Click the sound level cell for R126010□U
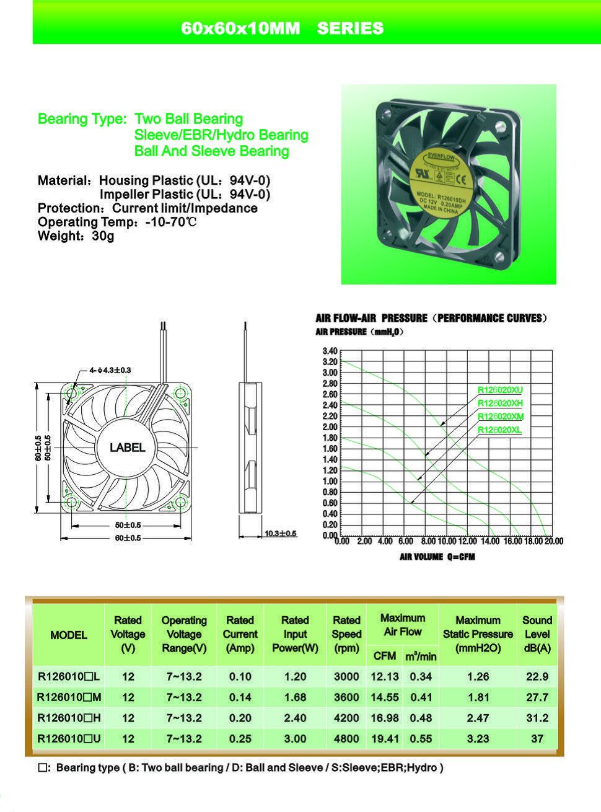click(537, 739)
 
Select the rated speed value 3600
click(346, 697)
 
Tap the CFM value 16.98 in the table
click(384, 718)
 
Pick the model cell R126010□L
click(69, 677)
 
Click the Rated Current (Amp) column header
click(240, 634)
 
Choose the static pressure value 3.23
click(478, 739)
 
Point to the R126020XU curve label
click(500, 390)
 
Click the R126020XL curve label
click(499, 430)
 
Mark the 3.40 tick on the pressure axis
click(330, 351)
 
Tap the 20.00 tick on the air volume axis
click(553, 541)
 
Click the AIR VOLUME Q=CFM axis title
click(437, 557)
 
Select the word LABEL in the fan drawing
click(127, 448)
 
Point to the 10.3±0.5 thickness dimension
click(281, 533)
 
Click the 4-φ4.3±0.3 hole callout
click(110, 370)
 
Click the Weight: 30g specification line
click(76, 236)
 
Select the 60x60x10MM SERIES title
click(282, 29)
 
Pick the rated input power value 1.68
click(295, 697)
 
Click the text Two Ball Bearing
click(188, 119)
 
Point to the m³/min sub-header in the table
click(421, 656)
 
